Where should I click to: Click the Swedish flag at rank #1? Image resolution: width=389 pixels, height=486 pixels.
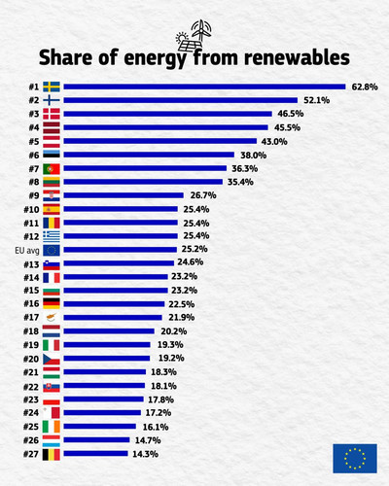52,87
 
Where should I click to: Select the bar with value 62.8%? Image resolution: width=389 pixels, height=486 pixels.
204,87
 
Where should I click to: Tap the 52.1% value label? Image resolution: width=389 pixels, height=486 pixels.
316,100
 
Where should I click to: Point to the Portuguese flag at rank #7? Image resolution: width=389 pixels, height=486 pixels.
52,169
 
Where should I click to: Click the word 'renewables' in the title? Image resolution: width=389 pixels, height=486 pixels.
297,57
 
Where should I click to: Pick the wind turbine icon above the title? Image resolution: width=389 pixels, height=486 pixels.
201,30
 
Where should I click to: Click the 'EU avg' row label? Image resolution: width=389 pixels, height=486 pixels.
27,251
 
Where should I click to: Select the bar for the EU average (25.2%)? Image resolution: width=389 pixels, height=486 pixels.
121,250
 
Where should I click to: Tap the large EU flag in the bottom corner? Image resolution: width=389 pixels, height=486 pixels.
355,459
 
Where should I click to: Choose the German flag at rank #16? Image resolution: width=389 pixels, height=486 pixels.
52,303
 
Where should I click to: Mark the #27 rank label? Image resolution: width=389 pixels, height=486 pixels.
31,454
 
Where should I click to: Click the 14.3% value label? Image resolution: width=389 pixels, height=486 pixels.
145,454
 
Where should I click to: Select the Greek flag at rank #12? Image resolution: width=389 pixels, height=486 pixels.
52,236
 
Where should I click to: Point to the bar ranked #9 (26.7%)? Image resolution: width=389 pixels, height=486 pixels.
124,195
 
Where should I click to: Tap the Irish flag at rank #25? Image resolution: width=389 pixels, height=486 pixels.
52,427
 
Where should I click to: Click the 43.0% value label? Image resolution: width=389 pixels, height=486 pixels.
274,142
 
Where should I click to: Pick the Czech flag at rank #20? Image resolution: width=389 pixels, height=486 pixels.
52,359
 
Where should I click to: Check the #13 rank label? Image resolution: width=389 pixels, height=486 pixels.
31,264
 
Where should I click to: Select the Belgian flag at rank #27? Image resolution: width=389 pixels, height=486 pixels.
52,455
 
